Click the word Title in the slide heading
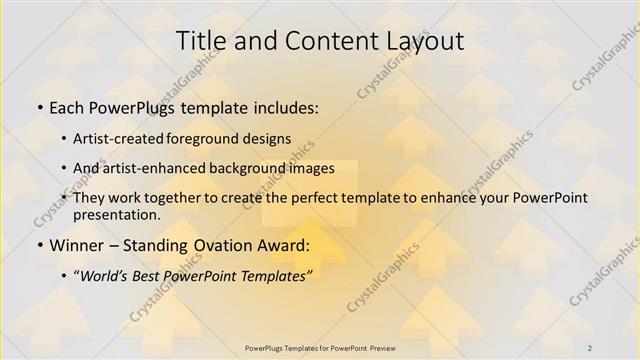[x=200, y=41]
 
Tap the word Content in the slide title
[x=320, y=41]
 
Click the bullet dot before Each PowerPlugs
[x=39, y=107]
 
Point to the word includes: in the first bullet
[x=283, y=107]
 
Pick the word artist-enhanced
[x=161, y=168]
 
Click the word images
[x=312, y=168]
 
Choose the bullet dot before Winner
[x=39, y=245]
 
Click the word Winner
[x=76, y=245]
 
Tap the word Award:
[x=283, y=245]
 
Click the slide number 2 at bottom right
[x=590, y=347]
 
